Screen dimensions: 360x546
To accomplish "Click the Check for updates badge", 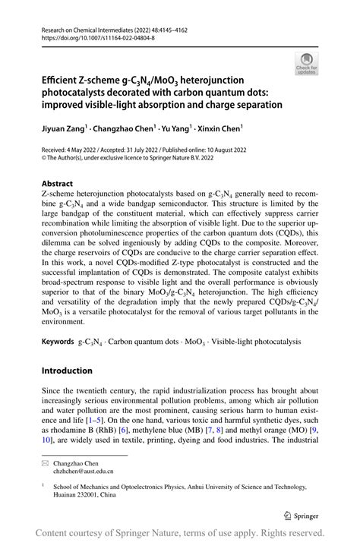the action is point(306,64).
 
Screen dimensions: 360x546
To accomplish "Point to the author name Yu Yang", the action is point(175,128).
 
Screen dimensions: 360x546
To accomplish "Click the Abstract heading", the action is point(57,183).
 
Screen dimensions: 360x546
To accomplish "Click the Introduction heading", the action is point(67,371).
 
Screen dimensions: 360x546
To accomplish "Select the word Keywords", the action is point(58,344).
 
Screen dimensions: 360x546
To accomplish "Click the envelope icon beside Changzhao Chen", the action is point(46,462).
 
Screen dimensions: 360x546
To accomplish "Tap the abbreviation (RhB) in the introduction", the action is point(122,429).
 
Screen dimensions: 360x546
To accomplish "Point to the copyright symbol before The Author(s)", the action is point(44,160).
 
